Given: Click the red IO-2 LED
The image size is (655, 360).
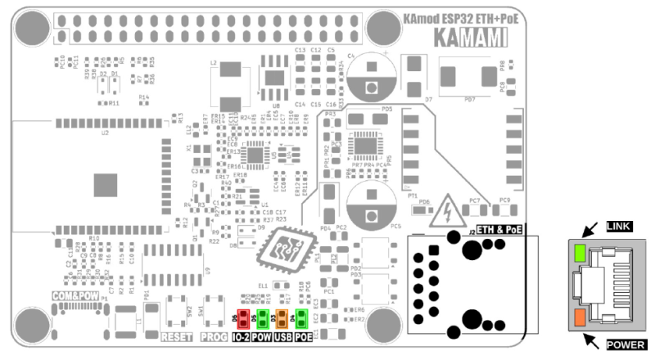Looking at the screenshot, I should (x=243, y=318).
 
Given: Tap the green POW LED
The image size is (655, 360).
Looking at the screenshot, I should (x=262, y=318).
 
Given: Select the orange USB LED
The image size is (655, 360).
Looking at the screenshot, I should (x=282, y=318).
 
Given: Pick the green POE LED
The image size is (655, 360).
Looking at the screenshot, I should (x=300, y=318).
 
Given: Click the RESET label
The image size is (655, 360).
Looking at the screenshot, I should (x=176, y=337).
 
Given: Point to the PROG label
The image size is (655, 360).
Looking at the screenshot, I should (x=214, y=337).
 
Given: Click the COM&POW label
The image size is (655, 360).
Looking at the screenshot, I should (x=75, y=295).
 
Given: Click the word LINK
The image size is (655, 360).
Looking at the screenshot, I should (x=619, y=225).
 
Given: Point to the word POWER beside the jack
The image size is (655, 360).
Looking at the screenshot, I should (x=625, y=345).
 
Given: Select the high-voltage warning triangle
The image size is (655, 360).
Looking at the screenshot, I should (x=448, y=210).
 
